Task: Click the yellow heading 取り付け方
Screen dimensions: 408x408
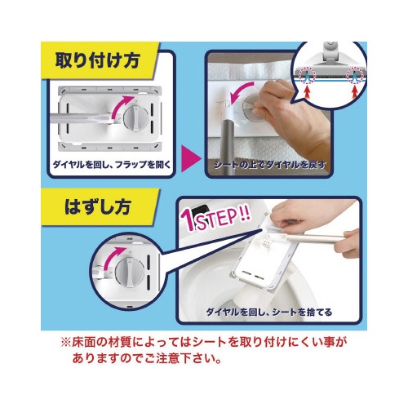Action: click(x=98, y=60)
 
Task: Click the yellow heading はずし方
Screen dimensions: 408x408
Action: click(x=98, y=206)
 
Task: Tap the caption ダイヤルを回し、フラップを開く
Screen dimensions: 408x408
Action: click(x=112, y=165)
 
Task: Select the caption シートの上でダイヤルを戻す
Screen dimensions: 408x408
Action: click(x=270, y=165)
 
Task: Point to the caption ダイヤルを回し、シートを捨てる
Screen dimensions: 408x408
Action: click(x=269, y=312)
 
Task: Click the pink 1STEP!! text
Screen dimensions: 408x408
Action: click(x=215, y=220)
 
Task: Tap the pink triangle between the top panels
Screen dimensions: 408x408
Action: click(x=191, y=159)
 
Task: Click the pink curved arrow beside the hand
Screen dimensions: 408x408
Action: click(x=239, y=92)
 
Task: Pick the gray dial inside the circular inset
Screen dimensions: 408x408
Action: click(x=130, y=272)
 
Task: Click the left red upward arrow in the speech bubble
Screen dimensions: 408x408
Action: click(x=307, y=91)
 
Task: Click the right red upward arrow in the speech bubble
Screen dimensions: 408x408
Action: click(x=354, y=91)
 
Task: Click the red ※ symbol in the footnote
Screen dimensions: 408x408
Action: click(x=65, y=343)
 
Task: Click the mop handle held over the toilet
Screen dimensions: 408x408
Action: click(x=316, y=239)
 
